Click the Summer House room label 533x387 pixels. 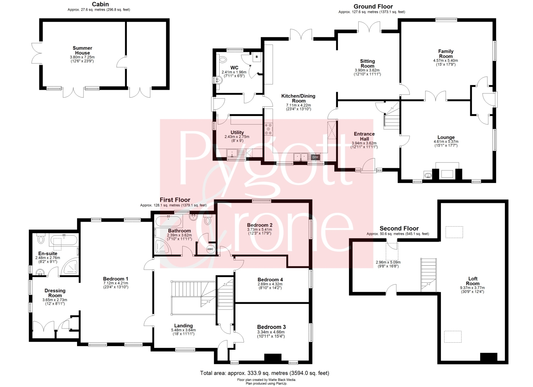pos(82,50)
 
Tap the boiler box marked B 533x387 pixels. pos(257,57)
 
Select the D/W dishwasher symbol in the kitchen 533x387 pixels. pos(315,157)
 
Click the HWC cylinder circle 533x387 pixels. pos(210,249)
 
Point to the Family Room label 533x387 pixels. pos(446,54)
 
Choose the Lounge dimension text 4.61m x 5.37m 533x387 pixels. pos(446,142)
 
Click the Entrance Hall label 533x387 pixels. pos(364,136)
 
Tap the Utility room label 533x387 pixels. pos(237,133)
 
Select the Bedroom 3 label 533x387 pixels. pos(271,327)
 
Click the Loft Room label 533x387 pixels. pos(473,281)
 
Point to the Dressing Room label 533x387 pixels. pos(55,293)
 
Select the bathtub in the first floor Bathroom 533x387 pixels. pos(168,221)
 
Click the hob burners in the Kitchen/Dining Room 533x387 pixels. pos(269,129)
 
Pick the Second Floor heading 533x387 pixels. pos(399,228)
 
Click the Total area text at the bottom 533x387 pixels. pos(265,373)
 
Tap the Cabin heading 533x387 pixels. pos(101,4)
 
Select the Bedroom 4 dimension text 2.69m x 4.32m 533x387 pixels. pos(270,284)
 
